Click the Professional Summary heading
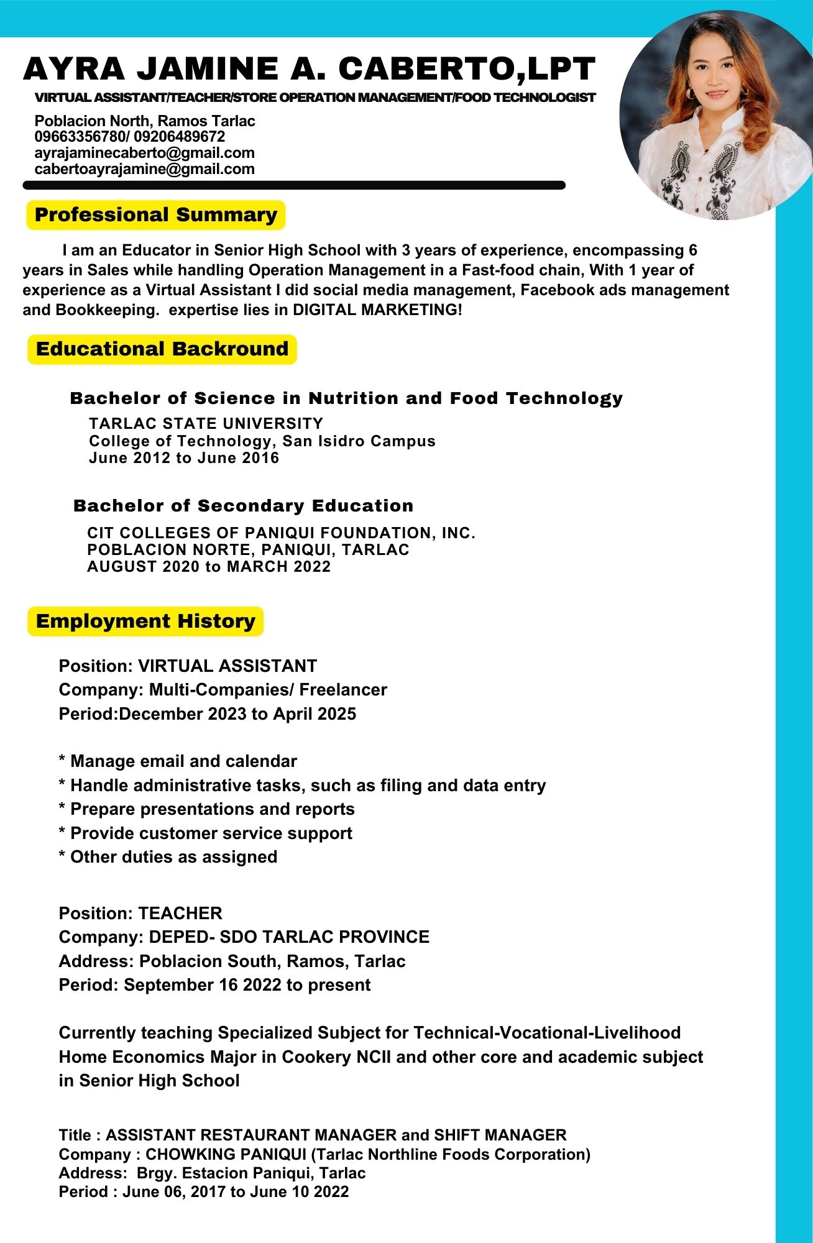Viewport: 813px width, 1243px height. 156,215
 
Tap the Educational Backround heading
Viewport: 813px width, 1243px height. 162,349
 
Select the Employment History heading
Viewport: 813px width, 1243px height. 145,621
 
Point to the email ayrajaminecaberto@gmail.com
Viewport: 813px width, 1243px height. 145,153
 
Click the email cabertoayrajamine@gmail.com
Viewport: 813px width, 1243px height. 145,169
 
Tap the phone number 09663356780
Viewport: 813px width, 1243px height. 78,137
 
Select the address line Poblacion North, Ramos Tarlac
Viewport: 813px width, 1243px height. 145,121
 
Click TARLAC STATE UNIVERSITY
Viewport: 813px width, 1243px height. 206,424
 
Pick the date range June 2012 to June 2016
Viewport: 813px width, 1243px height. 184,458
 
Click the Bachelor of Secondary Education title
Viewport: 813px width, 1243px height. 243,506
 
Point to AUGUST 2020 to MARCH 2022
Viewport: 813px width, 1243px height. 209,567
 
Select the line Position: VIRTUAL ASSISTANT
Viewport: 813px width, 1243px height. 188,666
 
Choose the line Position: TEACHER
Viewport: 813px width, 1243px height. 140,914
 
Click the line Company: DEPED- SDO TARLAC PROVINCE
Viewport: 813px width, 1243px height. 244,937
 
